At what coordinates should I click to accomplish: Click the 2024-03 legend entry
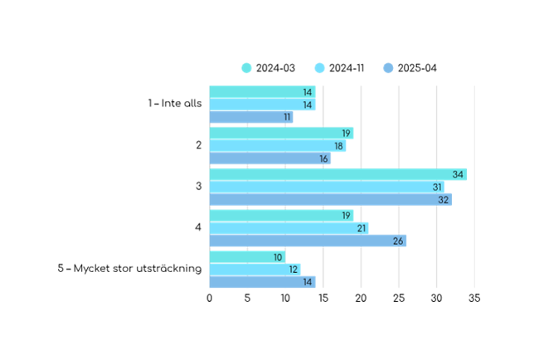(x=269, y=68)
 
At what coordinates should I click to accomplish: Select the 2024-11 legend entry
(x=339, y=68)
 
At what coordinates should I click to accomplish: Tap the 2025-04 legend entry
(x=410, y=68)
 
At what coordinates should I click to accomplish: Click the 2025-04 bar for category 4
(x=308, y=241)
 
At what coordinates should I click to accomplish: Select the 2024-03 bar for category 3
(x=338, y=174)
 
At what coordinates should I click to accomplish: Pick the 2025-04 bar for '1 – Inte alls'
(x=251, y=117)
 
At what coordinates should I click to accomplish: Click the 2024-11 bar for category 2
(x=278, y=146)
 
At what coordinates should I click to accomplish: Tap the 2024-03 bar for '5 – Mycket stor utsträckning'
(x=247, y=257)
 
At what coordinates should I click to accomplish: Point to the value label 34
(x=458, y=175)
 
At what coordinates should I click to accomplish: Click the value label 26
(x=398, y=241)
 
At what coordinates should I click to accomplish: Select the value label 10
(x=278, y=257)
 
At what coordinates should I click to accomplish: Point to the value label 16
(x=323, y=159)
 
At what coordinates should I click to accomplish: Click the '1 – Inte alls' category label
(x=175, y=103)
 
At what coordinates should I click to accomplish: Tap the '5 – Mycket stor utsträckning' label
(x=129, y=268)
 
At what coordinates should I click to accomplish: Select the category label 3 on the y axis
(x=199, y=186)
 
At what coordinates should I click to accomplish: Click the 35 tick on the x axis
(x=474, y=298)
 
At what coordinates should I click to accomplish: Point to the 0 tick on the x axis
(x=209, y=298)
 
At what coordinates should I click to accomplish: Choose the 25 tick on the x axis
(x=399, y=298)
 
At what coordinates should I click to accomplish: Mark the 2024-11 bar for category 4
(x=289, y=228)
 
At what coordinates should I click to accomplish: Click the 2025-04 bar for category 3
(x=331, y=199)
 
